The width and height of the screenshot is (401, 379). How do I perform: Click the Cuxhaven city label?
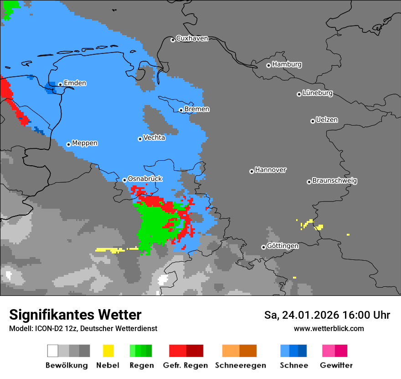point(192,38)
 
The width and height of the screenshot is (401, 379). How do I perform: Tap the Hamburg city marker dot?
point(268,65)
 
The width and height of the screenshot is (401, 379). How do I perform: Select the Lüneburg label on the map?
point(318,93)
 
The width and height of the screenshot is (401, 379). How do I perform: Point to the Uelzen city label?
point(327,120)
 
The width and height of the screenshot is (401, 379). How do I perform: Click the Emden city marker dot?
point(60,84)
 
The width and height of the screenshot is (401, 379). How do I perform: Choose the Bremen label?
point(197,109)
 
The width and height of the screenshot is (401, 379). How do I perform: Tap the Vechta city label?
point(154,137)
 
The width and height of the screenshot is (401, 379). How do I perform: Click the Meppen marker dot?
point(68,144)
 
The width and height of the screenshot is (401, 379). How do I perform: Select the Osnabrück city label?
point(145,179)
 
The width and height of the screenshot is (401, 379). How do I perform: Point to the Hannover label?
point(271,170)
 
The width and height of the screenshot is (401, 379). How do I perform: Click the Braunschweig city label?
point(334,181)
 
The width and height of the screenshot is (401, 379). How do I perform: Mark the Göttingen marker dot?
point(263,247)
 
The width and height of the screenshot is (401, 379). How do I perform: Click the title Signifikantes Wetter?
point(75,315)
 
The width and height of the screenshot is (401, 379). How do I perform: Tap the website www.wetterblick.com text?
point(329,328)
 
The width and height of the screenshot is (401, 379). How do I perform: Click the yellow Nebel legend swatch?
point(108,351)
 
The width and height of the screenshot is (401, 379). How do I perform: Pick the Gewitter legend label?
point(336,365)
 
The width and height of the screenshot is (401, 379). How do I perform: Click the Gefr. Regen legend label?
point(185,365)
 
